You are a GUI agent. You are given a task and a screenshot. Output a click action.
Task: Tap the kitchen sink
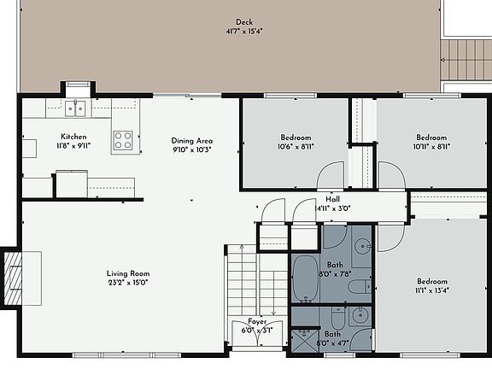coord(76,108)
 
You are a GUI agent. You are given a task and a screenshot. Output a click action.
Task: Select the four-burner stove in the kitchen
coord(124,140)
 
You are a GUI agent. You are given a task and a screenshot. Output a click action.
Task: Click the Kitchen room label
coord(73,137)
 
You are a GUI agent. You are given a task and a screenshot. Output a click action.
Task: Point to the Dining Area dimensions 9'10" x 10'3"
coord(191,149)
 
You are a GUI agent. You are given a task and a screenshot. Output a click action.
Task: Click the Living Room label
coord(126,273)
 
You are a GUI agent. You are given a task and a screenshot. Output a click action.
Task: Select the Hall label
coord(333,199)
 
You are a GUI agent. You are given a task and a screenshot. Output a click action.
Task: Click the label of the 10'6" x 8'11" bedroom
coord(296,138)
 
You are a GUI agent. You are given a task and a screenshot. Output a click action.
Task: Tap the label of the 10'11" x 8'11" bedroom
coord(431,138)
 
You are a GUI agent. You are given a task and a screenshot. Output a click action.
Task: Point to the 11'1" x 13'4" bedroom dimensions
coord(431,290)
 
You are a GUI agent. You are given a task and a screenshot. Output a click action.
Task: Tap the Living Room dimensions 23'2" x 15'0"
coord(126,283)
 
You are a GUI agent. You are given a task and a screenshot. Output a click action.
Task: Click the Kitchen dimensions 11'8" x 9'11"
coord(73,146)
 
